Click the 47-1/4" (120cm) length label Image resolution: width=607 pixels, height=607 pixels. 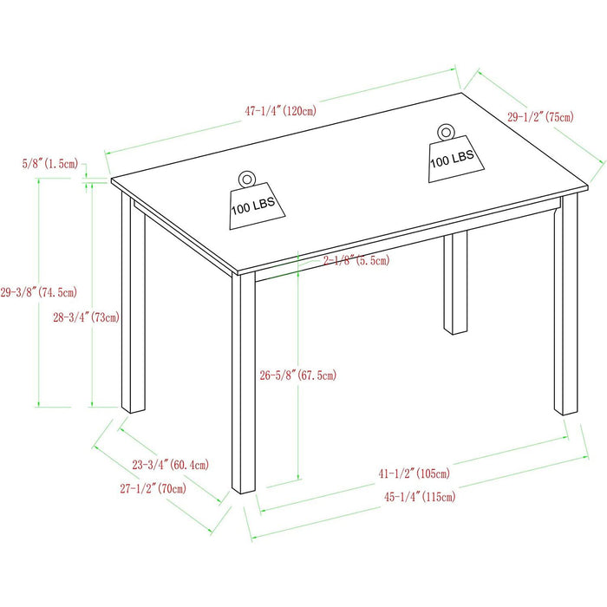[x=280, y=111]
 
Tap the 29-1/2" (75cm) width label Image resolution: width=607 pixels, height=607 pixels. [x=540, y=116]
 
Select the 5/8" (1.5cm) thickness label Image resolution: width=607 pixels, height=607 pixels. [x=50, y=163]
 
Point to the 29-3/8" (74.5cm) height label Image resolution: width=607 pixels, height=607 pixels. [x=39, y=292]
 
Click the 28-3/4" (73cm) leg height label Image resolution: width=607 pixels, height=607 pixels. [x=87, y=317]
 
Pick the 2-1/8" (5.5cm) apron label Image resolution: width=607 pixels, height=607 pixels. [x=356, y=260]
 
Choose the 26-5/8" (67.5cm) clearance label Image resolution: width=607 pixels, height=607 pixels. [x=298, y=375]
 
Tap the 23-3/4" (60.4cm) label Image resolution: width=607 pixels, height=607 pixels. [x=170, y=465]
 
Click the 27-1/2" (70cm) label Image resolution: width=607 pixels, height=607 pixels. [x=153, y=488]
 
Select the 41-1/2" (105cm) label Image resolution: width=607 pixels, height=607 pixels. [x=414, y=473]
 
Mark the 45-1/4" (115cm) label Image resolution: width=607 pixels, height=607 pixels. [x=420, y=496]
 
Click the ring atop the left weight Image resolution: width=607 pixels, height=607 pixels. [x=247, y=179]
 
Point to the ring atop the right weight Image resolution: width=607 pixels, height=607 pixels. [x=446, y=133]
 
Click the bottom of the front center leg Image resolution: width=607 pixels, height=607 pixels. [x=244, y=491]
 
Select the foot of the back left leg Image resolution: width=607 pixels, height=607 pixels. [x=134, y=410]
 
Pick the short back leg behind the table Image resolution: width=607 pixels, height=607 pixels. [x=455, y=283]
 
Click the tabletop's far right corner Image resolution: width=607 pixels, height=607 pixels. [x=588, y=187]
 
